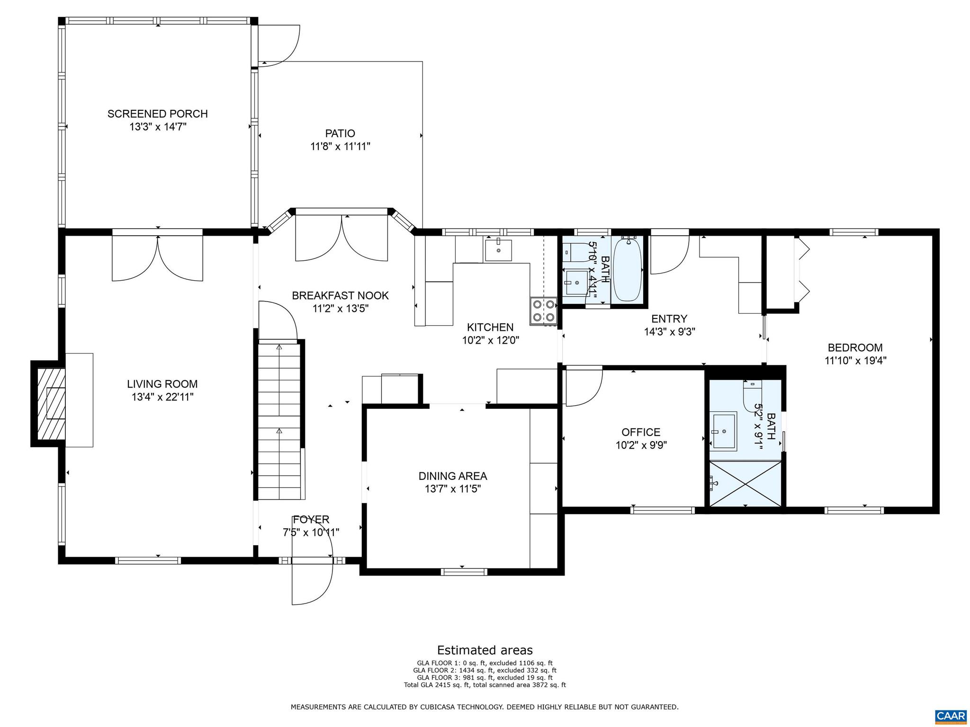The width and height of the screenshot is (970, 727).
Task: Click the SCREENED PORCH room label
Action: tap(157, 114)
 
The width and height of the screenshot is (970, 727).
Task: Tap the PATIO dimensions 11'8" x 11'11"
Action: tap(340, 147)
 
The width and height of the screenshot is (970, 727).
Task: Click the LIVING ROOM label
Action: tap(162, 384)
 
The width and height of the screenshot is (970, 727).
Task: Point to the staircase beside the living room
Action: tap(279, 421)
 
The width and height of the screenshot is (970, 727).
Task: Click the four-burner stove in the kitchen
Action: tap(543, 311)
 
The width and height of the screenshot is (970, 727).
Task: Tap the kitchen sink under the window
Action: tap(498, 250)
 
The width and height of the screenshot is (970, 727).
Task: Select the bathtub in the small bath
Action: tap(627, 268)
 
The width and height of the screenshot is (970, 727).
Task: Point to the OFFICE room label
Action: tap(641, 432)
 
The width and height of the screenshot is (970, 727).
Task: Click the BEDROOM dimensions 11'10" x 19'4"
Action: tap(855, 361)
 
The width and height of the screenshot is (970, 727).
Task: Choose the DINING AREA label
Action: tap(452, 476)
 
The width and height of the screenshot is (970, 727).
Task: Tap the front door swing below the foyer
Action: tap(312, 582)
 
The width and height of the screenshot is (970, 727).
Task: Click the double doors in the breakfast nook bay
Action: tap(341, 238)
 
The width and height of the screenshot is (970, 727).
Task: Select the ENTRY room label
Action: tap(669, 319)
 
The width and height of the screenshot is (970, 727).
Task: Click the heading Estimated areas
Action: tap(485, 650)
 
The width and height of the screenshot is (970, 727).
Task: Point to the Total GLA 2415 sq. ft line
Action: tap(485, 684)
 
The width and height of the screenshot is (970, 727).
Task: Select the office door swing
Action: tap(584, 387)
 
